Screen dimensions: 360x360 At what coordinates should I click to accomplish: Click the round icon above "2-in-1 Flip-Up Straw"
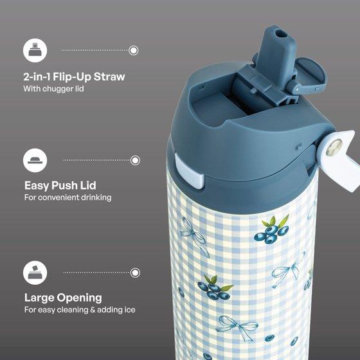pyautogui.click(x=35, y=50)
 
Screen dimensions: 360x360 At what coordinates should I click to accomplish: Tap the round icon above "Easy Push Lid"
pyautogui.click(x=35, y=160)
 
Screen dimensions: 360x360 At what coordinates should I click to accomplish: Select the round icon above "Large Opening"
pyautogui.click(x=35, y=273)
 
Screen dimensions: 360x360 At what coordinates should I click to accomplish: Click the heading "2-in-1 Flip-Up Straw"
pyautogui.click(x=74, y=77)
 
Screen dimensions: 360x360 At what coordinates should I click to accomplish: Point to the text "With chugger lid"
pyautogui.click(x=54, y=89)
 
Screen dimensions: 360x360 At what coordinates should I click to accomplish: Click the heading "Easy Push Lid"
pyautogui.click(x=60, y=186)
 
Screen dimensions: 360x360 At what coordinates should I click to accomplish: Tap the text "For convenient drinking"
pyautogui.click(x=68, y=197)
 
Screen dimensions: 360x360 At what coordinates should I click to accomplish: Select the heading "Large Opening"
pyautogui.click(x=63, y=298)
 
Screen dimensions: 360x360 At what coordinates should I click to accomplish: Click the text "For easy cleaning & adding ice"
pyautogui.click(x=80, y=310)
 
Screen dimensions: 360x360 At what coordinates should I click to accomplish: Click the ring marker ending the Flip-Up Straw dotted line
pyautogui.click(x=134, y=50)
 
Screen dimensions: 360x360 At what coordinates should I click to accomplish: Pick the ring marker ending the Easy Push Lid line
pyautogui.click(x=135, y=160)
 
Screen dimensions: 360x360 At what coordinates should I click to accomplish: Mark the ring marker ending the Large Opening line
pyautogui.click(x=135, y=273)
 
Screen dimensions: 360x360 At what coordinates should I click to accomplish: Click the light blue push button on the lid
pyautogui.click(x=190, y=172)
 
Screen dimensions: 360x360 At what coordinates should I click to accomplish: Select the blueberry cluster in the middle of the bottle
pyautogui.click(x=215, y=288)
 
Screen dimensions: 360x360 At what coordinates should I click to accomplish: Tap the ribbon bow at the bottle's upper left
pyautogui.click(x=195, y=237)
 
